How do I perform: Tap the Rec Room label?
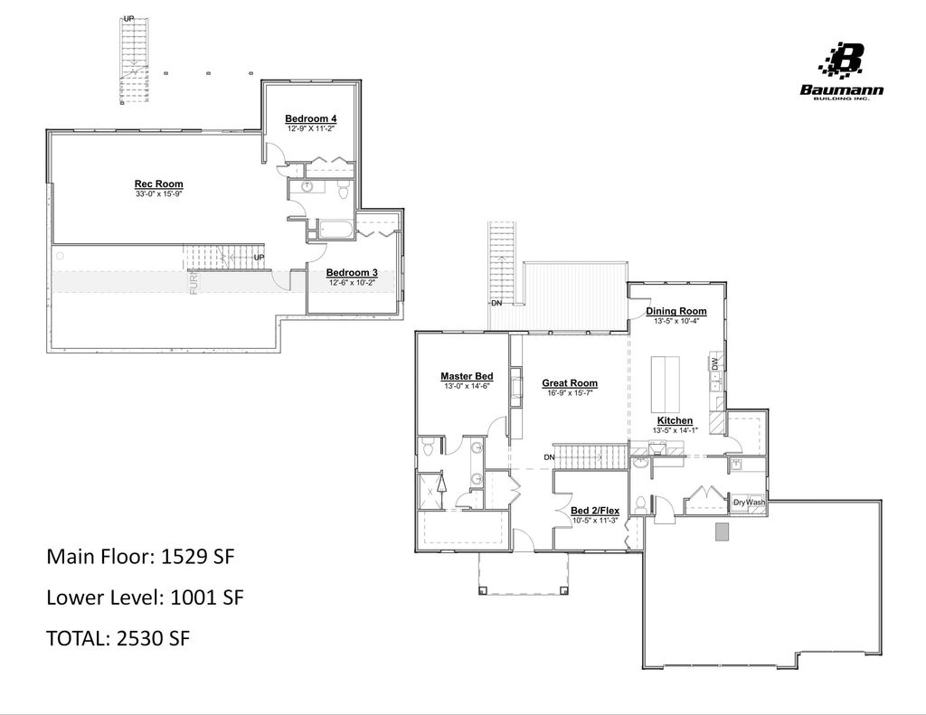(x=158, y=184)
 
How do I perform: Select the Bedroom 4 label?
(x=310, y=118)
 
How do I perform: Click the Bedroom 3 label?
(x=352, y=273)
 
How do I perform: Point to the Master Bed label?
(x=466, y=376)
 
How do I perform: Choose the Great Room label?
(x=570, y=383)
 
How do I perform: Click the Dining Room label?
(x=676, y=312)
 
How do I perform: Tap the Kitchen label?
(x=675, y=421)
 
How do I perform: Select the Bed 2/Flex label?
(x=595, y=511)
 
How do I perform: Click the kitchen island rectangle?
(x=666, y=383)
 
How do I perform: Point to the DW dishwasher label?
(x=714, y=363)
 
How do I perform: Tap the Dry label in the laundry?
(x=740, y=503)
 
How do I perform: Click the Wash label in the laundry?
(x=756, y=503)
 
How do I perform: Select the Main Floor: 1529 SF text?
(x=140, y=556)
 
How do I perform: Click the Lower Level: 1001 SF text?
(x=145, y=597)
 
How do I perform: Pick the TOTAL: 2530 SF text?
(x=118, y=638)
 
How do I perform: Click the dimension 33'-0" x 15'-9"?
(x=158, y=194)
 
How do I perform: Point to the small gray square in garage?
(x=722, y=532)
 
